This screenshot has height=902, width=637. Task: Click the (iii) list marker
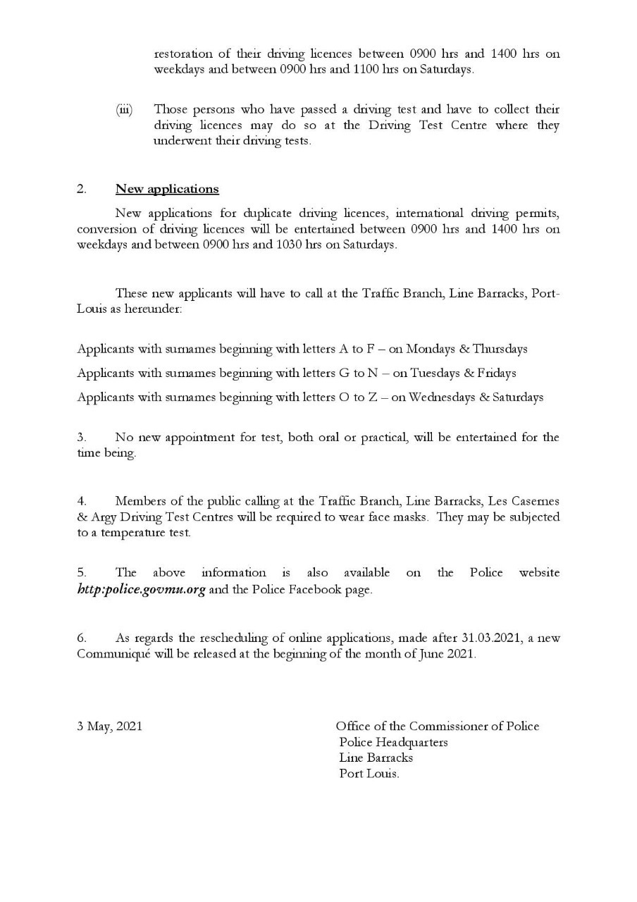coord(124,110)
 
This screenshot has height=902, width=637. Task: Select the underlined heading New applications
coord(167,189)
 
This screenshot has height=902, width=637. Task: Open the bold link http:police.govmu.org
coord(141,590)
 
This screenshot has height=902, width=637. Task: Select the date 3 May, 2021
coord(109,726)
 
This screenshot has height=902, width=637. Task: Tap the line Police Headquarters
coord(393,742)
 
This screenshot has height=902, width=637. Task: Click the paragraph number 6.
coord(81,638)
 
